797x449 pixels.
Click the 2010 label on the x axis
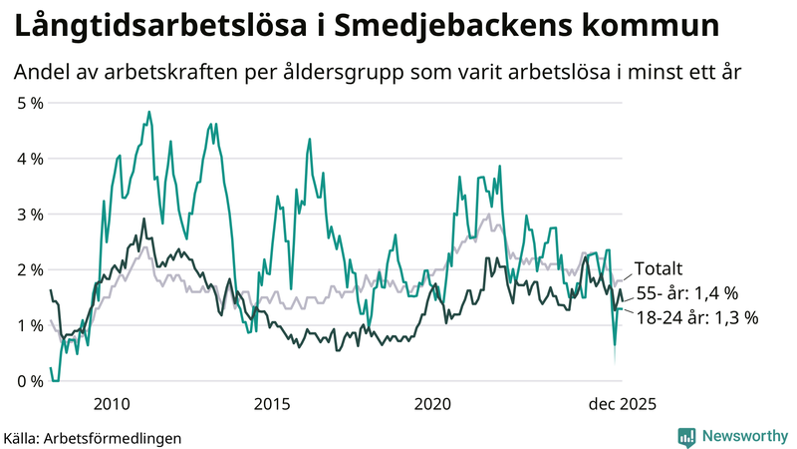pyautogui.click(x=112, y=404)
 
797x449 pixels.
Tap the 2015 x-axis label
pyautogui.click(x=272, y=404)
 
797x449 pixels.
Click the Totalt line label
pyautogui.click(x=659, y=268)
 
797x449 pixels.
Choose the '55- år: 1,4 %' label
pyautogui.click(x=686, y=293)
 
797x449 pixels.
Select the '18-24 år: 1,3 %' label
pyautogui.click(x=696, y=318)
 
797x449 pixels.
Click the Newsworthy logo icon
pyautogui.click(x=686, y=436)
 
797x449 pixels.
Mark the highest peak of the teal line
pyautogui.click(x=148, y=112)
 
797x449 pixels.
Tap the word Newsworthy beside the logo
pyautogui.click(x=743, y=436)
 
